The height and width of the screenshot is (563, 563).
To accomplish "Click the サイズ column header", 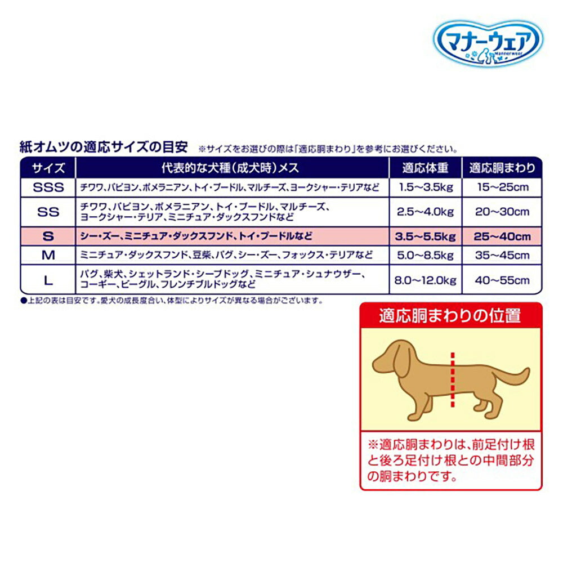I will tap(48, 168).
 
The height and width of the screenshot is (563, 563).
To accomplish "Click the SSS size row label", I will tap(48, 187).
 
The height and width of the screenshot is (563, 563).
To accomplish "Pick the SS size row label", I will tap(48, 212).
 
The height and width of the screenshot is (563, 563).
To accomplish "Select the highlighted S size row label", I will tap(48, 236).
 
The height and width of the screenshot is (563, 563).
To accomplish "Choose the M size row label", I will tap(48, 255).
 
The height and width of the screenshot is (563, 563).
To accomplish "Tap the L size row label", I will tap(48, 280).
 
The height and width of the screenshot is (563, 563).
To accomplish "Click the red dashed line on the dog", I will tap(452, 380).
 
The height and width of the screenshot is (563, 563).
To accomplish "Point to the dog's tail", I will tap(515, 377).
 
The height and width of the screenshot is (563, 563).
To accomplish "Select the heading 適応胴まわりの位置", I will tap(450, 316).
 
